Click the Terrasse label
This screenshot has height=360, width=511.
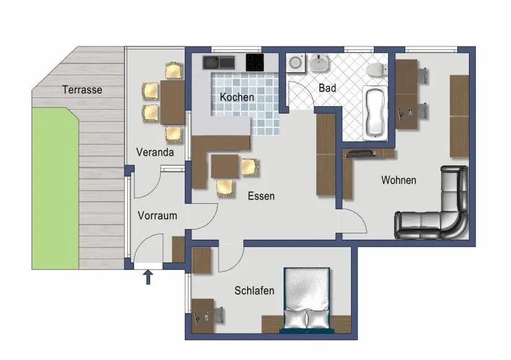82,90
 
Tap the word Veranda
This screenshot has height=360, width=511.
155,152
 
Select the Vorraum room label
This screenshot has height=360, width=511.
157,216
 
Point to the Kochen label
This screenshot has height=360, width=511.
237,97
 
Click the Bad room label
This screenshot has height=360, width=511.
327,88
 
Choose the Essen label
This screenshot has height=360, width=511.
261,196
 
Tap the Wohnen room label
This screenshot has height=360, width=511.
398,180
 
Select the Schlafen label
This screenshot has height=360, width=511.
254,290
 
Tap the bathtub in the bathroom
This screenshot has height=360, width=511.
375,113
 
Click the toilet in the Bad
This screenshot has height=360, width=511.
376,69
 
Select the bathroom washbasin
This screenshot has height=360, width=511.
319,63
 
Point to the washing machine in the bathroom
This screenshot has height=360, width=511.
295,63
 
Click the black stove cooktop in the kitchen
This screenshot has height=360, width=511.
255,62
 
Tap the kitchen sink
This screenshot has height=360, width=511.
218,62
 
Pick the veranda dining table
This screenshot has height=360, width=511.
172,103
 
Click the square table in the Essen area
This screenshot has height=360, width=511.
225,167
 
